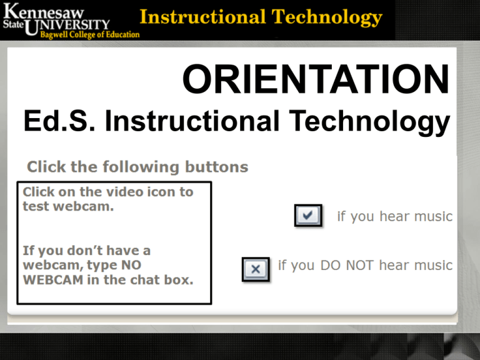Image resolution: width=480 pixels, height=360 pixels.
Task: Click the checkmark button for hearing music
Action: click(308, 216)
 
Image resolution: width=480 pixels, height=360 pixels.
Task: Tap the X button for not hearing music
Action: click(256, 269)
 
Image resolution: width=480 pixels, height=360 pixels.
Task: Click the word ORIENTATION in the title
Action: click(316, 79)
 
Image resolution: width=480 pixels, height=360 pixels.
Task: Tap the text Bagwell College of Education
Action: click(90, 35)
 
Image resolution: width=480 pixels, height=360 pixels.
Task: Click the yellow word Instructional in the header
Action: click(202, 17)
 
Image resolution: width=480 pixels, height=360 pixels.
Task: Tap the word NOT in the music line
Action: click(360, 266)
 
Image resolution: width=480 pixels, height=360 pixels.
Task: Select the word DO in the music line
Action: click(330, 266)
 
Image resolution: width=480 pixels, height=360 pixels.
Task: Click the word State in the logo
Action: click(13, 24)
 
